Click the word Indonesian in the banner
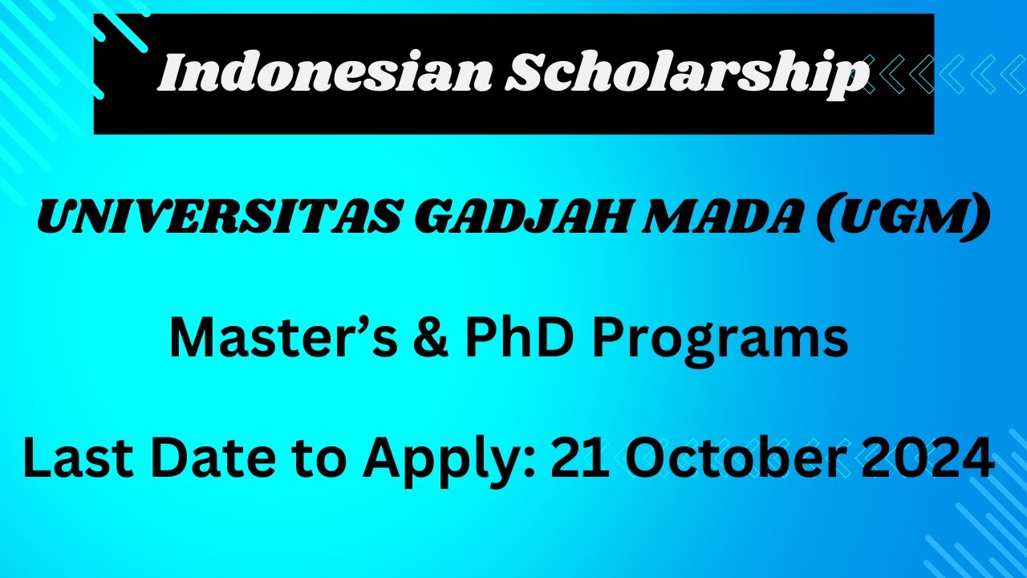point(325,74)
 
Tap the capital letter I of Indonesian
point(170,74)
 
